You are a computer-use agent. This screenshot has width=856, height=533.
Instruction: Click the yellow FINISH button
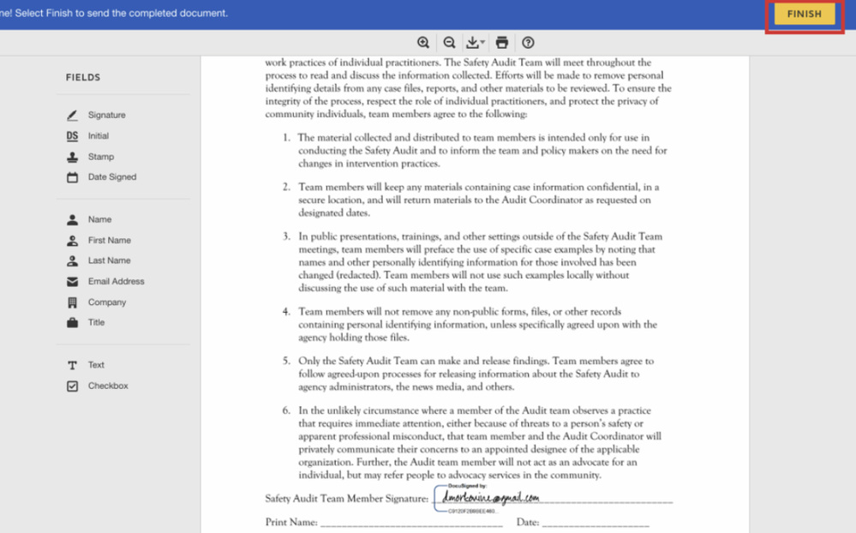804,15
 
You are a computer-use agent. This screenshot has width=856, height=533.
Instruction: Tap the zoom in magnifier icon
423,43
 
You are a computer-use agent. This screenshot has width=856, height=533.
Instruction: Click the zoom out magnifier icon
449,43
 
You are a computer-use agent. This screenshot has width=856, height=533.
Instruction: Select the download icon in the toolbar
474,43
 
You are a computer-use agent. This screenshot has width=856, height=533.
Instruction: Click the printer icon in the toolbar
502,43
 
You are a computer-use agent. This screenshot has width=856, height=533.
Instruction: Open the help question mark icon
528,43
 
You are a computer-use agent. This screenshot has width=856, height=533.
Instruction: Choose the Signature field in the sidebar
106,115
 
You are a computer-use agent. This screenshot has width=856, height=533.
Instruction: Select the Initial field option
98,136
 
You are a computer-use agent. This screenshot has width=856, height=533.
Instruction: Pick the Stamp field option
100,157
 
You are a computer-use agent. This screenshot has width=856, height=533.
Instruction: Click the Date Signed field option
111,177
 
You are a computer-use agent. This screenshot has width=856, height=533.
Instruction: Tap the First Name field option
109,241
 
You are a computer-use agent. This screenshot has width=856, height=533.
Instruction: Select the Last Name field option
109,261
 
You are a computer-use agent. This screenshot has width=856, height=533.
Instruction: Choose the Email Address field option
116,281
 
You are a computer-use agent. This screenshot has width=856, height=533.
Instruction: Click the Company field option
106,302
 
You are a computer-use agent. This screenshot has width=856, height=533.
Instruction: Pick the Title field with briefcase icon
96,323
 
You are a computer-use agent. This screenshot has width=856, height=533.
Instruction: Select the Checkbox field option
107,386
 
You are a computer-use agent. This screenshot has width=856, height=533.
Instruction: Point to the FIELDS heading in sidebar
83,78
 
